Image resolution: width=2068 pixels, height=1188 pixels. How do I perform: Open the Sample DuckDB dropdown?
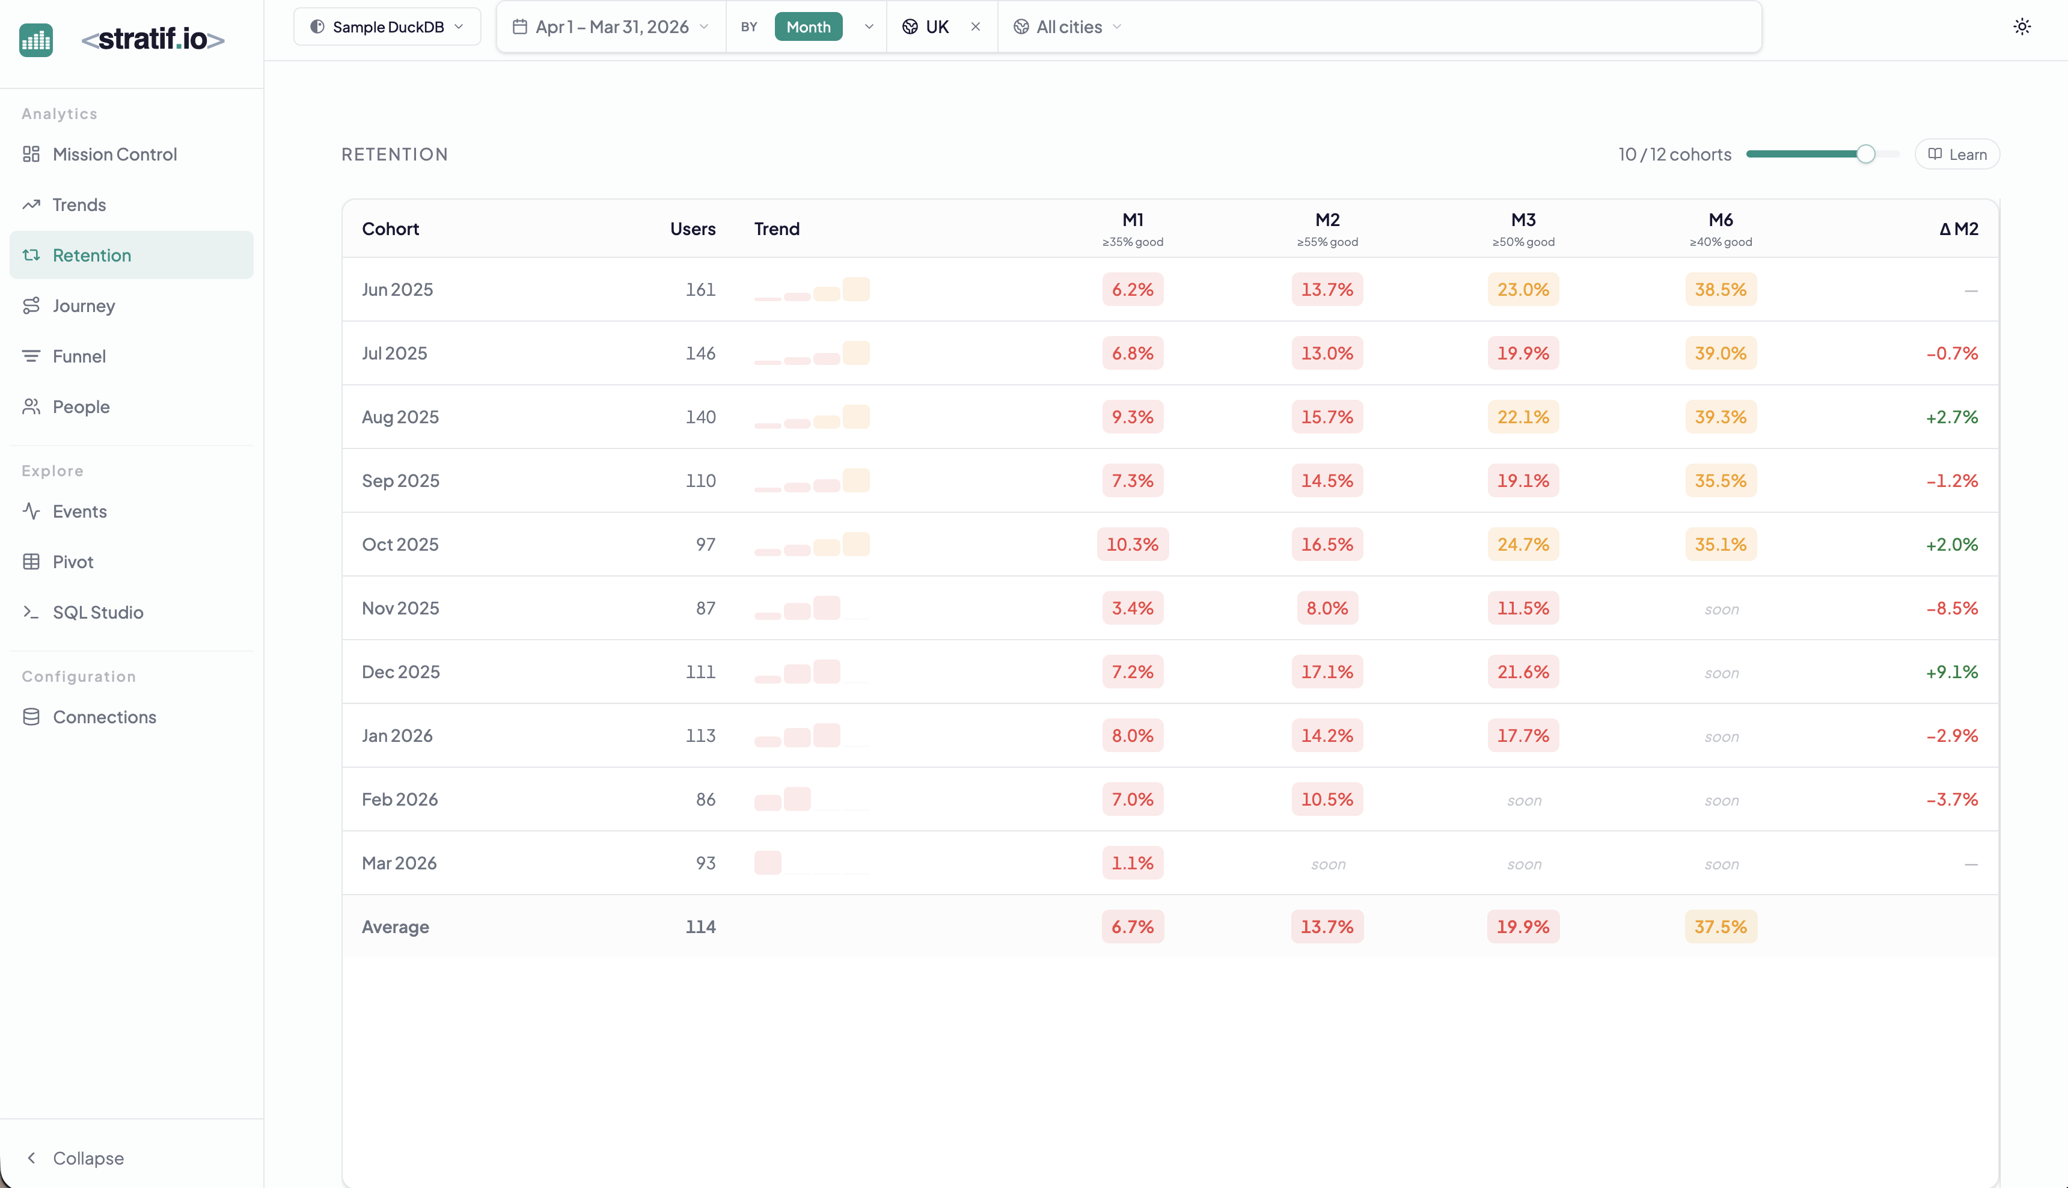click(387, 27)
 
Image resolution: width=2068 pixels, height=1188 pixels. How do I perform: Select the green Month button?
click(807, 27)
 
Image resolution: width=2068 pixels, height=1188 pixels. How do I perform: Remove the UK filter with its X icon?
click(975, 27)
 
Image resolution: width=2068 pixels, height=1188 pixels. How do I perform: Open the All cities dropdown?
click(1068, 27)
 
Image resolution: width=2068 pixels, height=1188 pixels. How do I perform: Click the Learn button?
click(1956, 154)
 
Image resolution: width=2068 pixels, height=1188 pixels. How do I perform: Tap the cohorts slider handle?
click(1865, 154)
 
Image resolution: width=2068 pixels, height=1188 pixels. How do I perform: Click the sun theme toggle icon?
click(2022, 27)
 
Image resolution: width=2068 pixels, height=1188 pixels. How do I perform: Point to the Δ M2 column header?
click(1958, 229)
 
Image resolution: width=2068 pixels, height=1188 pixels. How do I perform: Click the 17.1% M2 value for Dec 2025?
click(1326, 672)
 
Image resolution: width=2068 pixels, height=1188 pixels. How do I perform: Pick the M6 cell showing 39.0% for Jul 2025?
click(1720, 354)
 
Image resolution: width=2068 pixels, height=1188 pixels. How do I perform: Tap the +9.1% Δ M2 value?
click(1951, 672)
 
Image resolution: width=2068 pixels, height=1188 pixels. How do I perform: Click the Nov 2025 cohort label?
click(400, 608)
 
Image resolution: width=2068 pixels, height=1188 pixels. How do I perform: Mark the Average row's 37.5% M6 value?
click(1720, 927)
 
